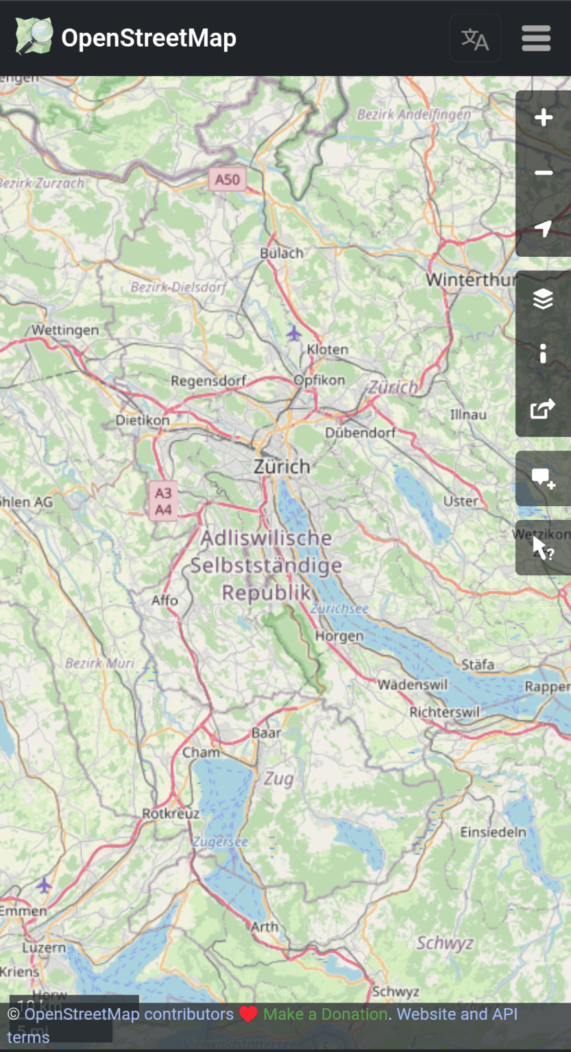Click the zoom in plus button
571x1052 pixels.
coord(543,118)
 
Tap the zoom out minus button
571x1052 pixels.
coord(543,173)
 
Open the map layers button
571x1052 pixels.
coord(543,299)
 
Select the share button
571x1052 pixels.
coord(543,410)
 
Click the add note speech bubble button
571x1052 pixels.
coord(543,479)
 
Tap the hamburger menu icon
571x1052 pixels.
coord(536,38)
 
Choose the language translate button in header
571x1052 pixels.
coord(475,38)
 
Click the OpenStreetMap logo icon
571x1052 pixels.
coord(34,37)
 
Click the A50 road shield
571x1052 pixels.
coord(228,180)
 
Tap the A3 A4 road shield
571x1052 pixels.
coord(163,501)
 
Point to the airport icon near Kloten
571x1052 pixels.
coord(294,334)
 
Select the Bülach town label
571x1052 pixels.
coord(281,253)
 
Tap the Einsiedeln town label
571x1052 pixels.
coord(493,832)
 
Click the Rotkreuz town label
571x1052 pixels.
coord(171,814)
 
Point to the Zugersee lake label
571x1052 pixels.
coord(219,842)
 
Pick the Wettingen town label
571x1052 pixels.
coord(65,330)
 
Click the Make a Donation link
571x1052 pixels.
coord(325,1014)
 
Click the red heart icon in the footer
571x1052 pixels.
coord(248,1014)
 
